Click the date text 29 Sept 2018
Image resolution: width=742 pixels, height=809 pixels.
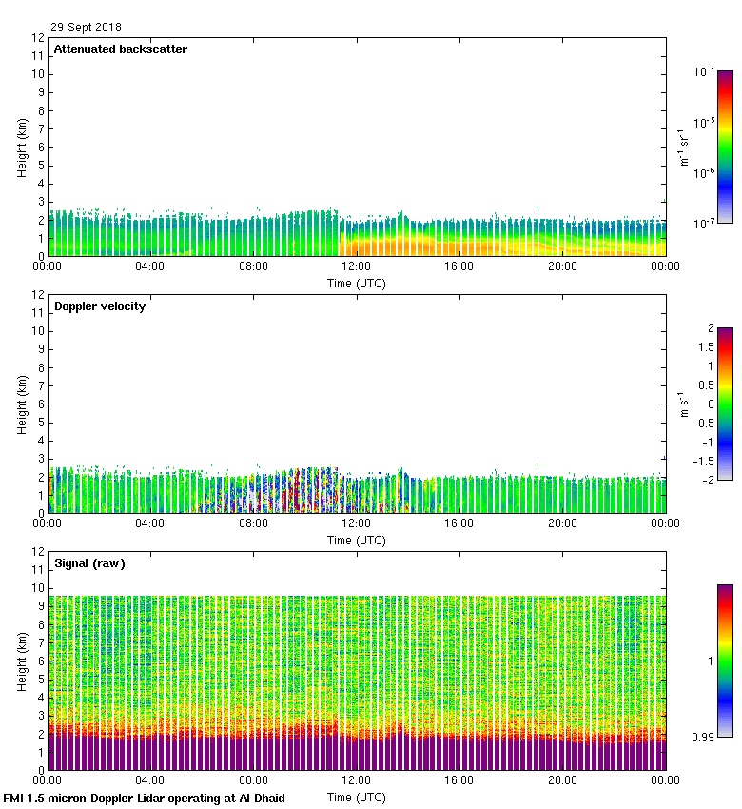86,28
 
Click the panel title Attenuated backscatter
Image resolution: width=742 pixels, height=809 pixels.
120,49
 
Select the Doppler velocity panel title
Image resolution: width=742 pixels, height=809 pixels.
99,306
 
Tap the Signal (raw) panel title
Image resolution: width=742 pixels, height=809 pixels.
89,563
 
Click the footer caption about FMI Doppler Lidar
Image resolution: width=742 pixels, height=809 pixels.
144,798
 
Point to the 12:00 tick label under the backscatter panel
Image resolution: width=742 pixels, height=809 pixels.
356,267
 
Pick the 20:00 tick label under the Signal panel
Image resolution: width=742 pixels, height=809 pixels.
562,781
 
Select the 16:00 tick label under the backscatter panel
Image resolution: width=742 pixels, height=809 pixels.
459,267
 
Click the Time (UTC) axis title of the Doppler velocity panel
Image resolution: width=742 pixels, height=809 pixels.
356,540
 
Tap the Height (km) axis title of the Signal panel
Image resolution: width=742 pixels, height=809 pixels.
22,661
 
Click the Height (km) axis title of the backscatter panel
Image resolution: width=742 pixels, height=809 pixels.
22,147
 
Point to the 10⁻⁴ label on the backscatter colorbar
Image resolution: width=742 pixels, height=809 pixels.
704,71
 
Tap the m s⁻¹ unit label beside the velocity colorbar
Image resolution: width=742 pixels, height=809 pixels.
682,404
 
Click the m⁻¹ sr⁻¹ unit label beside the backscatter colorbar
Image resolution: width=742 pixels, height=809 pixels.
682,147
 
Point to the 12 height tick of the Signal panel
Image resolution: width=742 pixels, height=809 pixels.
38,552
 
